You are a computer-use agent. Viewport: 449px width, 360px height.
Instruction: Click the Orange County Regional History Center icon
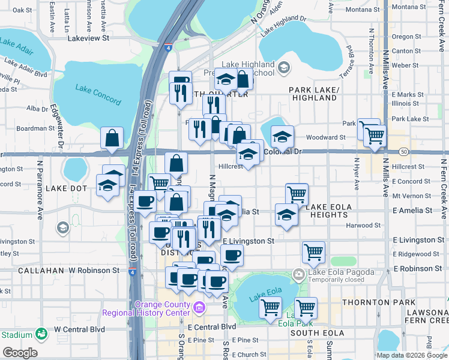199,308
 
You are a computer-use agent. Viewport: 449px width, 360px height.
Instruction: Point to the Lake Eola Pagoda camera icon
299,275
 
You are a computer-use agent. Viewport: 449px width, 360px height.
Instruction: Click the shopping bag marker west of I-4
112,139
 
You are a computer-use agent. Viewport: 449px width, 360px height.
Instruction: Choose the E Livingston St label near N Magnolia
248,241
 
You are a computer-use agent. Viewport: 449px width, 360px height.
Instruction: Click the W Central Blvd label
79,329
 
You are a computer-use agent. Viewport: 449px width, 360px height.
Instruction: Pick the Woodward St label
326,137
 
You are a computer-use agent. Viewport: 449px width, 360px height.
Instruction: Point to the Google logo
20,352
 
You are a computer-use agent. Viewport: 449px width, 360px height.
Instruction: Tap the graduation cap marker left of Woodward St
282,137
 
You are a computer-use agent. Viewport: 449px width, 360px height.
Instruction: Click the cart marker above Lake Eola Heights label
297,194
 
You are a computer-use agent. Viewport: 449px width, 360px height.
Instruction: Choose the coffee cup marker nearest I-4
145,202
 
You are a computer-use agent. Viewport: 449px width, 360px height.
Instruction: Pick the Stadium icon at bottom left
41,333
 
